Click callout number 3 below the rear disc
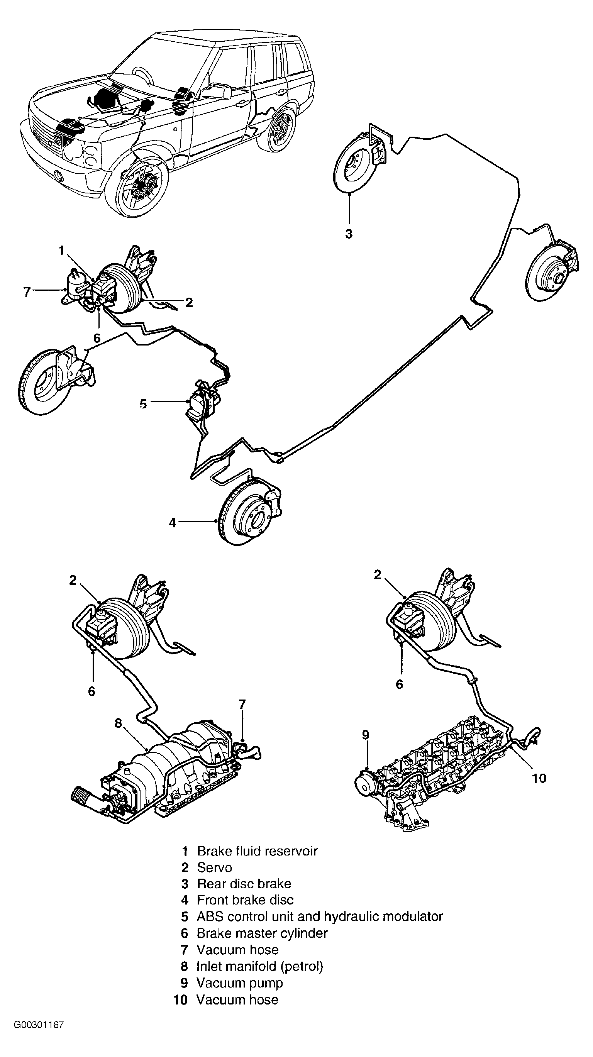click(x=348, y=234)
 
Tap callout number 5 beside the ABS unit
click(x=143, y=404)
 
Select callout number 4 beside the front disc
click(x=172, y=522)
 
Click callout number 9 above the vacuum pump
click(x=366, y=735)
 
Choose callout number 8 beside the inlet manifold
click(x=118, y=723)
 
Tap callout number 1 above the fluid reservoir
click(x=61, y=250)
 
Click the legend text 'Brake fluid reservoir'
click(x=257, y=851)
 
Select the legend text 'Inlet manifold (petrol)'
click(x=260, y=966)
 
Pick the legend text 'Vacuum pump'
click(x=240, y=983)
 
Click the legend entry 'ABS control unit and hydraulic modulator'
click(x=320, y=916)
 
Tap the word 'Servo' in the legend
click(x=215, y=867)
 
